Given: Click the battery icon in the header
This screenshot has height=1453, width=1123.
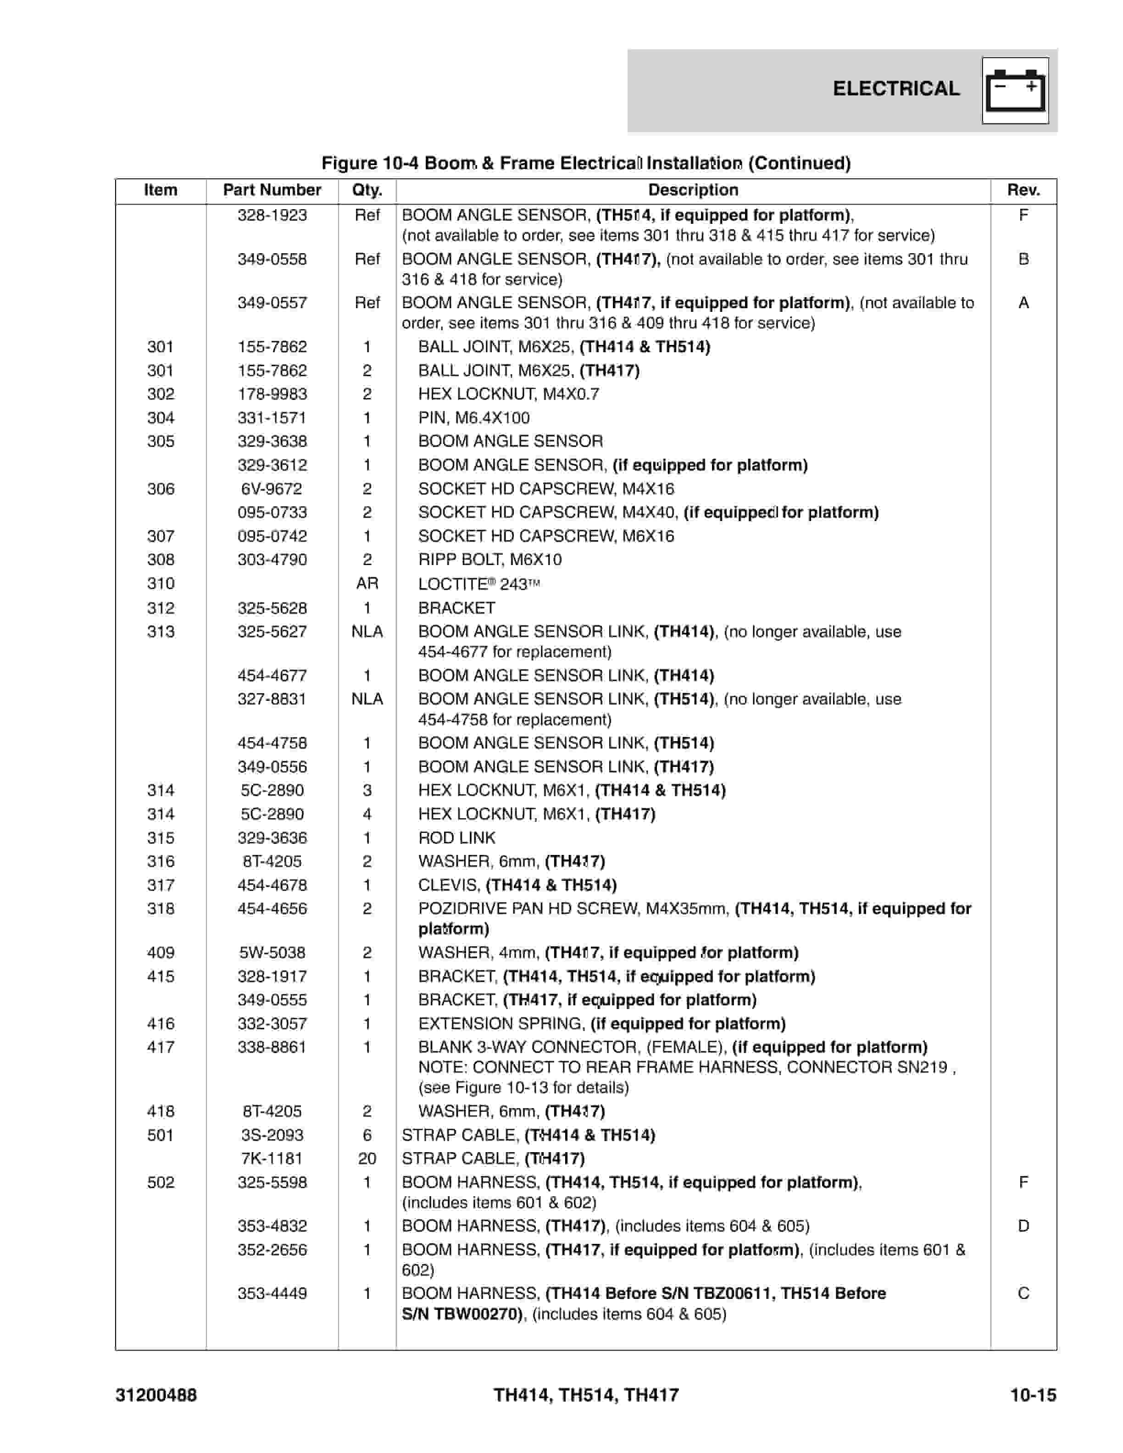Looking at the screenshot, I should [x=1015, y=90].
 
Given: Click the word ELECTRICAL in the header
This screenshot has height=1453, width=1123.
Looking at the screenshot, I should [x=895, y=89].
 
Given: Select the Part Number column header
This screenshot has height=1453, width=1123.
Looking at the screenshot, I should [x=272, y=190].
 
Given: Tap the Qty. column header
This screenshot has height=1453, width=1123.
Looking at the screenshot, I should [x=367, y=190].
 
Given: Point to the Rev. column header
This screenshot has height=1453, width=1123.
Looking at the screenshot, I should [x=1023, y=190].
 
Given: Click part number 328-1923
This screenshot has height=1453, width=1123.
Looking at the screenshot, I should [x=272, y=215].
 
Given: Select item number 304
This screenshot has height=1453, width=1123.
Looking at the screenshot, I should [x=161, y=418].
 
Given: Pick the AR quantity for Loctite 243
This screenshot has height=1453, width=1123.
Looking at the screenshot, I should [x=367, y=583].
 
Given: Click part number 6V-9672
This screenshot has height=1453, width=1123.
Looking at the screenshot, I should [x=272, y=489].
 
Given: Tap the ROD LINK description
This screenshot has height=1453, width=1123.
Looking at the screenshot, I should [x=456, y=837].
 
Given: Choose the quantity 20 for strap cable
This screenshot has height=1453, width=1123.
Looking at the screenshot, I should [x=367, y=1158].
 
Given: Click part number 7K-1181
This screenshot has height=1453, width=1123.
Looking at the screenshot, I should [x=272, y=1158].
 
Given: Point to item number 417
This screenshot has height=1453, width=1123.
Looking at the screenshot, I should [x=161, y=1047].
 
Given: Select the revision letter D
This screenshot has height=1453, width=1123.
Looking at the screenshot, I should [x=1023, y=1226].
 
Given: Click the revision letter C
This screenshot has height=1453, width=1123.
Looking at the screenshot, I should [x=1023, y=1293].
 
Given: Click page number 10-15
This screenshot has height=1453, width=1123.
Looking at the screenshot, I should [x=1033, y=1394].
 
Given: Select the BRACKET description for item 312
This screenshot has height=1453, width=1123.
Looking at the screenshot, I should [x=456, y=608].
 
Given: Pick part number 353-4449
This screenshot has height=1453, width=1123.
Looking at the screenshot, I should [x=272, y=1293].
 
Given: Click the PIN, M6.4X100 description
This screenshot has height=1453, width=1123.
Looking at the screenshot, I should [x=474, y=418].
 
